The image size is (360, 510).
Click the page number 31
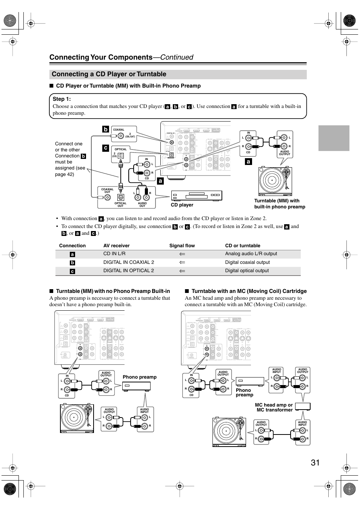[x=315, y=462]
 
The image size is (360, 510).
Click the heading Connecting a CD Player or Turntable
[x=109, y=74]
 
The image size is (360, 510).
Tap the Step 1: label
[x=62, y=99]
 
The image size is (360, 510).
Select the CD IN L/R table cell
[x=114, y=254]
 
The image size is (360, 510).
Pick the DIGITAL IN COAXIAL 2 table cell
[x=129, y=262]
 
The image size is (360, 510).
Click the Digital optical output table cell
[x=247, y=271]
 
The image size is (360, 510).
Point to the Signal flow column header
[x=182, y=246]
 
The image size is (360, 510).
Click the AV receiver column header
[x=116, y=246]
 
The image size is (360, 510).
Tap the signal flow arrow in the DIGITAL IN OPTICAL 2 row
[x=182, y=271]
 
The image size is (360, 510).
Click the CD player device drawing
[x=196, y=196]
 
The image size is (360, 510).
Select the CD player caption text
[x=182, y=205]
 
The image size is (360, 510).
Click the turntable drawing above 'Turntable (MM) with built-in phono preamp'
[x=275, y=181]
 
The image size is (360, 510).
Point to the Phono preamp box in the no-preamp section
[x=137, y=386]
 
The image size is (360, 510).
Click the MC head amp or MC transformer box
[x=303, y=407]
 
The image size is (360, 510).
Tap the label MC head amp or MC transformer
[x=274, y=407]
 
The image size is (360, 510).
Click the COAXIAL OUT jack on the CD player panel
[x=108, y=197]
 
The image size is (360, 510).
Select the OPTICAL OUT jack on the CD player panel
[x=121, y=197]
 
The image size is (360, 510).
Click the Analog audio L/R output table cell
[x=251, y=254]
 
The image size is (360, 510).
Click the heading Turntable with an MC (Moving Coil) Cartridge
[x=249, y=291]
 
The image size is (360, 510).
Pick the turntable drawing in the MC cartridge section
[x=229, y=432]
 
